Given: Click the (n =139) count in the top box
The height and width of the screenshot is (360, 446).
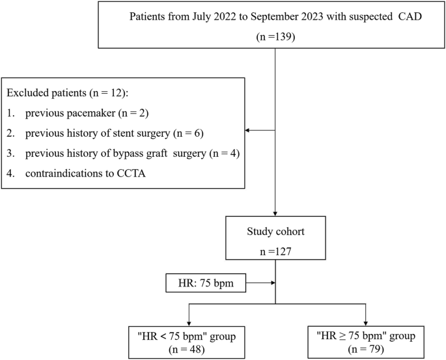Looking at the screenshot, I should click(276, 38).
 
